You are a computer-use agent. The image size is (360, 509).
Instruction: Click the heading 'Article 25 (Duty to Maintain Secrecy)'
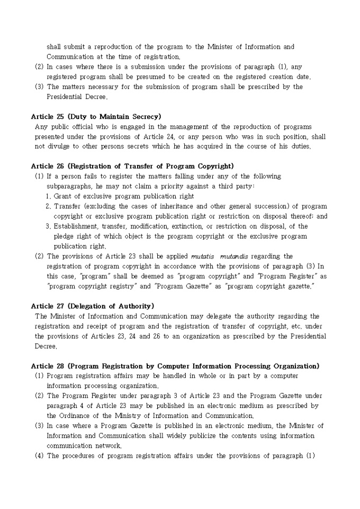pos(96,116)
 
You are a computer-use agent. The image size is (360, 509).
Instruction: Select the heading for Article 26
pos(132,166)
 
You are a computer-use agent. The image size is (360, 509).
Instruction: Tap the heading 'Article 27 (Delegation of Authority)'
pos(92,306)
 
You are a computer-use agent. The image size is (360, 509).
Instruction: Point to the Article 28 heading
pos(175,366)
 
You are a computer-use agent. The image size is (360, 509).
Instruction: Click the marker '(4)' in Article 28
pos(39,456)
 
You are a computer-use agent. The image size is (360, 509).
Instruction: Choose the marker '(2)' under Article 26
pos(39,257)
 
